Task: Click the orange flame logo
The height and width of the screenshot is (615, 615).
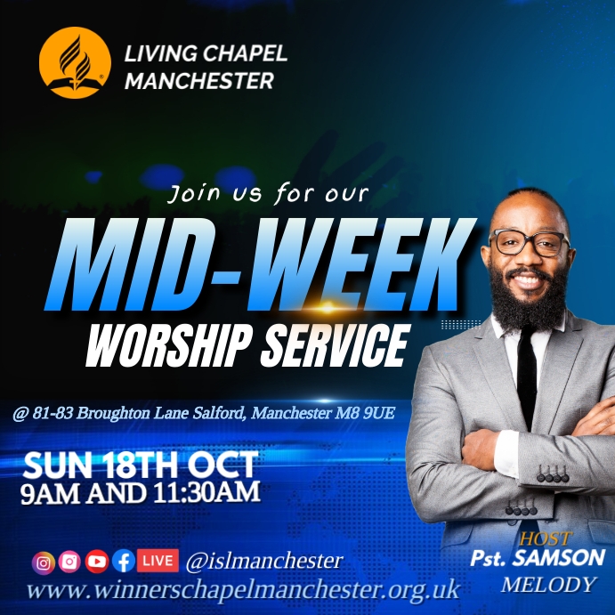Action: coord(75,62)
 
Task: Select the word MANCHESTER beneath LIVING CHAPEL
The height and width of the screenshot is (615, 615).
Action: coord(199,81)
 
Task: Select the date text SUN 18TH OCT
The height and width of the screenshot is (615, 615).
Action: coord(141,465)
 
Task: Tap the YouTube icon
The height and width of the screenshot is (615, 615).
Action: coord(96,562)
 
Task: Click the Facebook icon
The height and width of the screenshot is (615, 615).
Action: coord(123,562)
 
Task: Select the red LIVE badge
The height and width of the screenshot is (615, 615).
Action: coord(157,561)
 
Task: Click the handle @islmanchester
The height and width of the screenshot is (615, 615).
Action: coord(263,562)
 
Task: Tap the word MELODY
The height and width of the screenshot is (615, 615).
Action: coord(548,585)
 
